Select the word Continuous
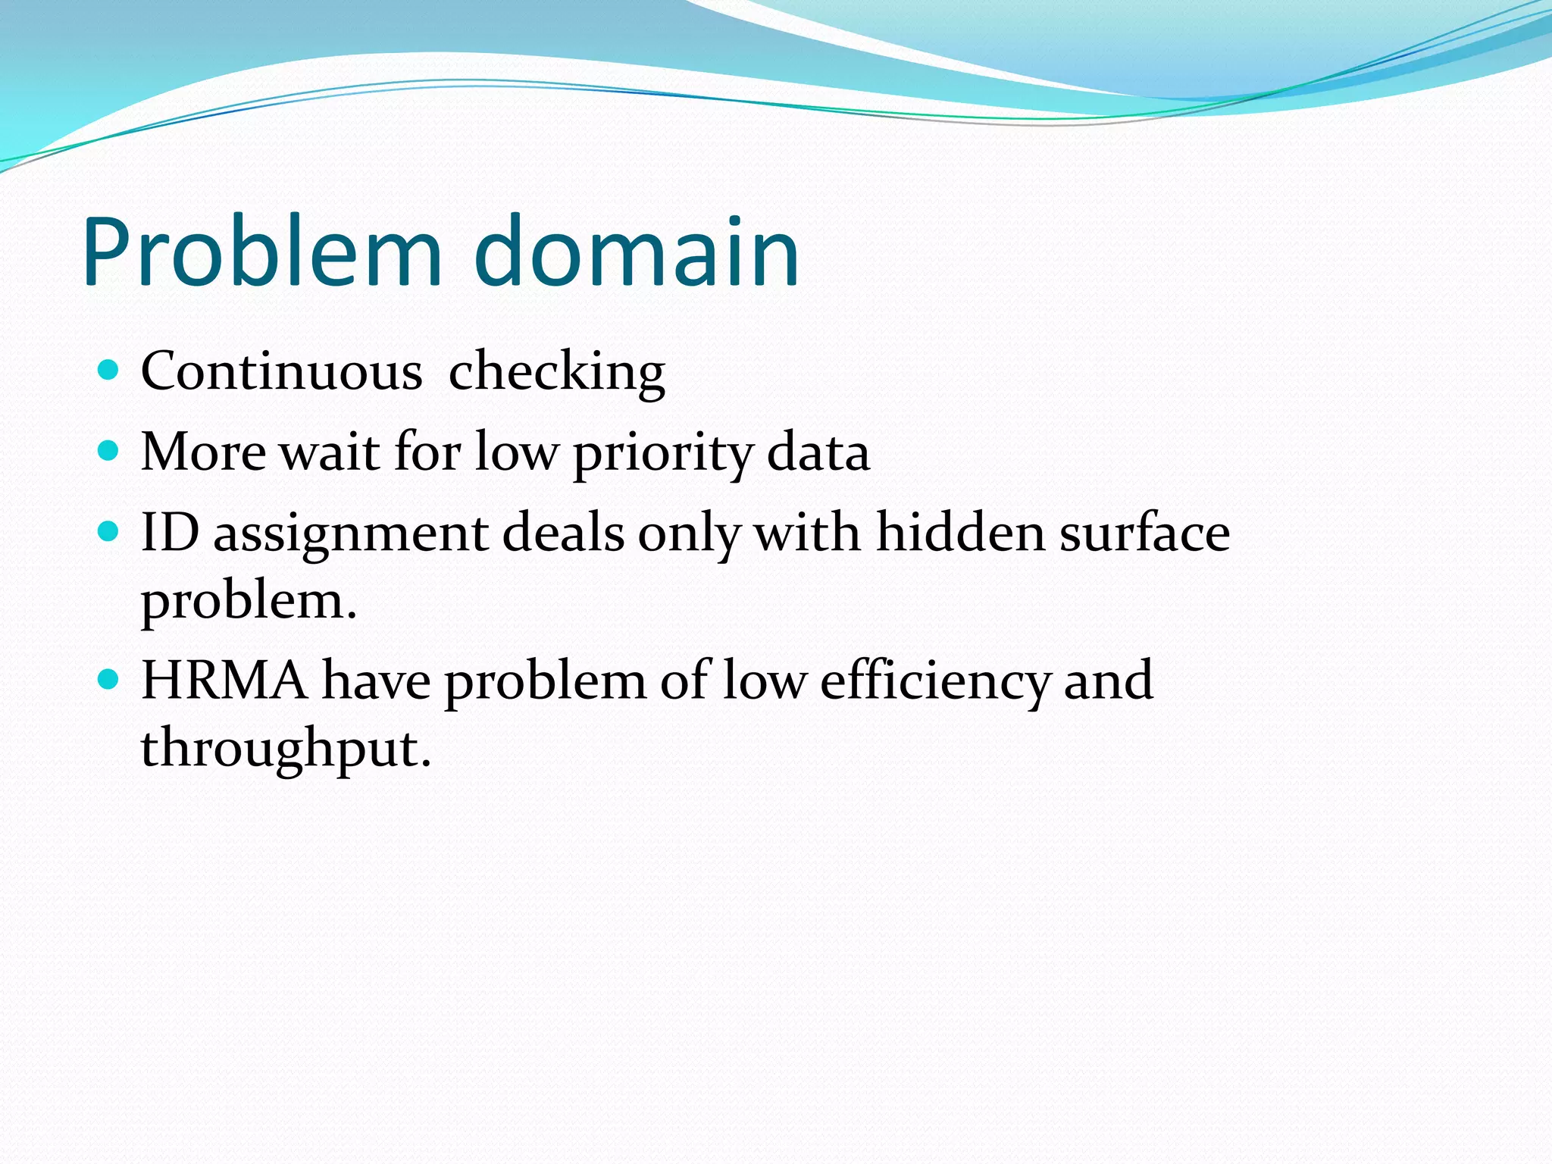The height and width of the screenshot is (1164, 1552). point(281,371)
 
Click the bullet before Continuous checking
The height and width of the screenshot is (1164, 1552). point(109,371)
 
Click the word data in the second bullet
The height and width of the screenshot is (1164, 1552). point(818,452)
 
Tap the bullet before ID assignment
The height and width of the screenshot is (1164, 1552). point(109,532)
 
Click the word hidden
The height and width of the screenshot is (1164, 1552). point(960,532)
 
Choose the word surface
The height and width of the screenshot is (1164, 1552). point(1145,532)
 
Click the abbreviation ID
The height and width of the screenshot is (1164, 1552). point(170,532)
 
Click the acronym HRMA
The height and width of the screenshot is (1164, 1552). point(224,680)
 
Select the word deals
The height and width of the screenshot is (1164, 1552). point(564,532)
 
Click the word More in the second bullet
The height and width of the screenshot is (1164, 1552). point(203,452)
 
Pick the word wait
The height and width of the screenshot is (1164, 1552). point(330,452)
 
